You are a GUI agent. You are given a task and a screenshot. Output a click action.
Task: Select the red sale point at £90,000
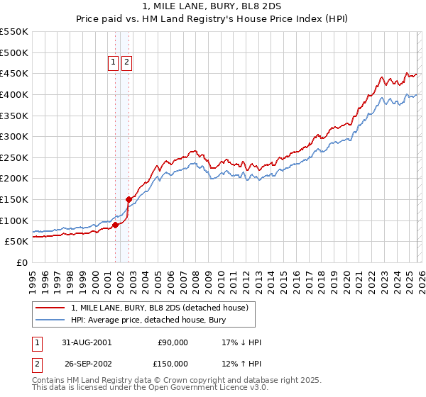tap(115, 225)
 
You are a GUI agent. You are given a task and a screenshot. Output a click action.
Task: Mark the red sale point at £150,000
tap(129, 200)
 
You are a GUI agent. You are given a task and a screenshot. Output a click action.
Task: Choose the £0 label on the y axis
tap(21, 262)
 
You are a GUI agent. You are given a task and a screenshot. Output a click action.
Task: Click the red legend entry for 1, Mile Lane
tap(159, 308)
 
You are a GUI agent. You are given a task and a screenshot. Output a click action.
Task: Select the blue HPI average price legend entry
tap(148, 320)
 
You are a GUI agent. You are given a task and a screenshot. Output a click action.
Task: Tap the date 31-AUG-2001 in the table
tap(87, 342)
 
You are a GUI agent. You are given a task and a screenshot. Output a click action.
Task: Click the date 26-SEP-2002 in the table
tap(87, 364)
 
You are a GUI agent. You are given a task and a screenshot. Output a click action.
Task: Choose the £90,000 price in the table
tap(173, 342)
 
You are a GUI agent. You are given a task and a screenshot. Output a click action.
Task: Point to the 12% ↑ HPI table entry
tap(241, 364)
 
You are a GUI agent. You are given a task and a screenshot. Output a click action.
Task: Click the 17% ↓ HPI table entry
tap(241, 342)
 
